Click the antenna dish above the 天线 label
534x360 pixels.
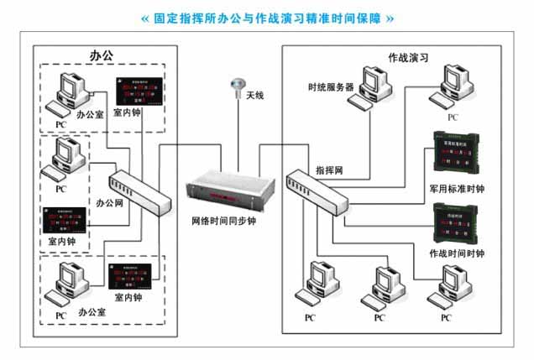coord(238,84)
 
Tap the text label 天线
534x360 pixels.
coord(254,96)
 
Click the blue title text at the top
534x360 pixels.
coord(266,18)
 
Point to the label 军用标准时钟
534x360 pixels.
coord(456,190)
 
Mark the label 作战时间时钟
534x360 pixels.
coord(456,253)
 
